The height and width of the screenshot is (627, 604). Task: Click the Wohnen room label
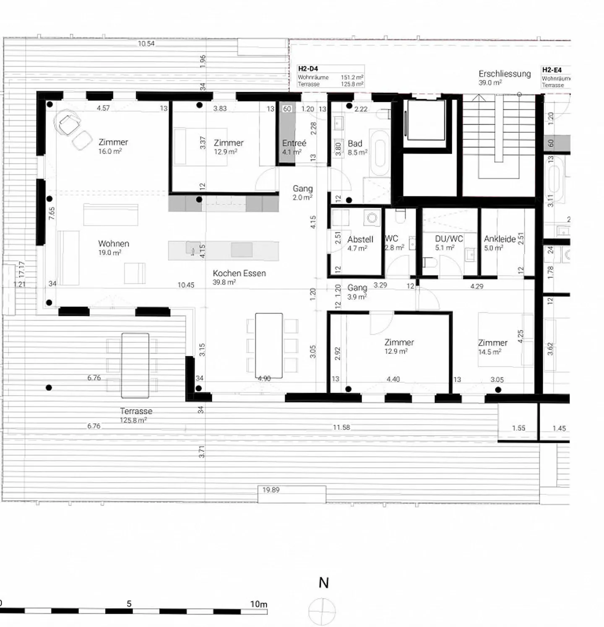(x=113, y=244)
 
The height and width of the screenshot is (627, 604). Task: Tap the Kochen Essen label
(x=239, y=273)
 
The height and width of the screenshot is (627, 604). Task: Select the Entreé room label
(x=294, y=143)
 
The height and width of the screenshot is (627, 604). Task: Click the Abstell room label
(x=360, y=239)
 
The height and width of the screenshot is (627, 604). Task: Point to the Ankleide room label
(x=499, y=239)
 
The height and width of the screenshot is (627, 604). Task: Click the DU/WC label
(x=449, y=239)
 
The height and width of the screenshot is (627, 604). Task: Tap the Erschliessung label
(x=505, y=74)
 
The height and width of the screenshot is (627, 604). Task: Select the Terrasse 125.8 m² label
(x=135, y=411)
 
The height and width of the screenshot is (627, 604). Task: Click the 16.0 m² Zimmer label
(x=113, y=142)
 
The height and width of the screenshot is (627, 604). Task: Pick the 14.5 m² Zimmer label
(x=492, y=343)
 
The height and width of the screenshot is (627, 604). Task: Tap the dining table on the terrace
(x=135, y=365)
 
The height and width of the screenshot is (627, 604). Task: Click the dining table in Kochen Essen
(x=269, y=345)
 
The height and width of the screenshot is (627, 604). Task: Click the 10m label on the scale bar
(x=258, y=604)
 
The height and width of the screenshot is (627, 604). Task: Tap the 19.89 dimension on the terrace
(x=271, y=490)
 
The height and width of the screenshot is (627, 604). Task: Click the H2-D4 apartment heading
(x=308, y=69)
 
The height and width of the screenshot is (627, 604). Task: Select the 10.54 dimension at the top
(x=146, y=44)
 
